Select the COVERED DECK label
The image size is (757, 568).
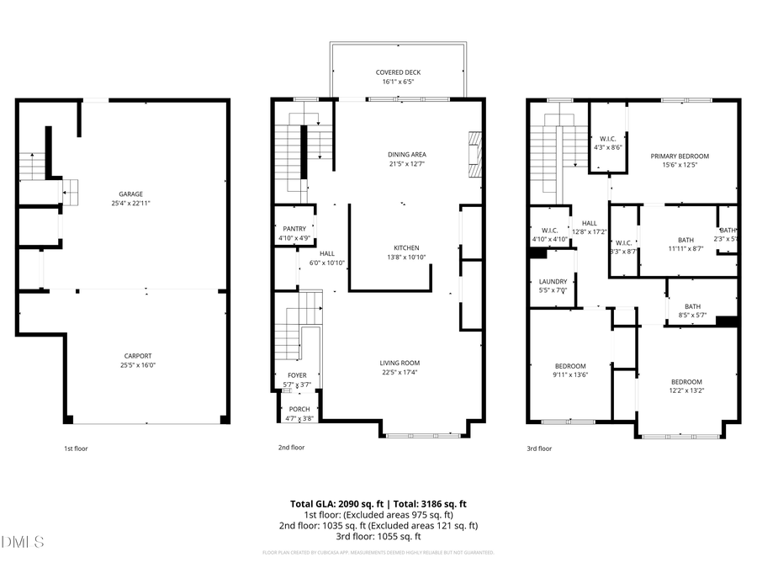(398, 72)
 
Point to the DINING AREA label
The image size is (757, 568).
(407, 154)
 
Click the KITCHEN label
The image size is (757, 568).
(406, 247)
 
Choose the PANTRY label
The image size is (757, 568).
(294, 229)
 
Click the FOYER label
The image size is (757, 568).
(297, 375)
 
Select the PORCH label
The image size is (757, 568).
(299, 409)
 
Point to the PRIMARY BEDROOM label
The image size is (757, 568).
(680, 156)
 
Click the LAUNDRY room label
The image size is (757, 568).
(553, 281)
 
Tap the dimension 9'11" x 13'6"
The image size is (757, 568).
(569, 374)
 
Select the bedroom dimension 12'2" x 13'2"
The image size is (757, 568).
(686, 390)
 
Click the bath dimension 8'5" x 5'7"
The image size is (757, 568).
(692, 316)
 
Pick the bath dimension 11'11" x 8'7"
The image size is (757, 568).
(686, 248)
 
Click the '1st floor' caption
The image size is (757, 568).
(76, 449)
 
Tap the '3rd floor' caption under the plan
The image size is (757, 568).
(539, 449)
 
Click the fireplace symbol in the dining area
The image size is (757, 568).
(475, 155)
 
